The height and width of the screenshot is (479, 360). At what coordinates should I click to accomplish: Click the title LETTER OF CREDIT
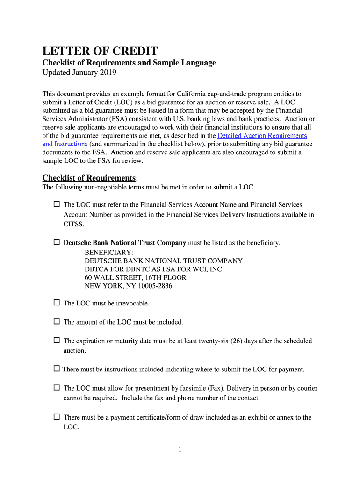pos(100,51)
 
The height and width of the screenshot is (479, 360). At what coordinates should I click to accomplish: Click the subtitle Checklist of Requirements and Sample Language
pos(129,63)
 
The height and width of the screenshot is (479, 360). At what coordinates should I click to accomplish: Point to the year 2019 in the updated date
pos(108,73)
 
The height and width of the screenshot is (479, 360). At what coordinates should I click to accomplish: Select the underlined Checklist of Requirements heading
pos(89,178)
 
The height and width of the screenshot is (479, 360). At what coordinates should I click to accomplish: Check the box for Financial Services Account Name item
pos(57,204)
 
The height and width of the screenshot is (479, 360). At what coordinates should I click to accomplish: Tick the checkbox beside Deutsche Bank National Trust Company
pos(57,242)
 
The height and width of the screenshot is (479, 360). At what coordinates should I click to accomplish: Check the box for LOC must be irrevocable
pos(57,303)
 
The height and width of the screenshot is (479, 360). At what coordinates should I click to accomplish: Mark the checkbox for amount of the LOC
pos(57,321)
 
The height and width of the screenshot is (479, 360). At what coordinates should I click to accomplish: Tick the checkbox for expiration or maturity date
pos(57,341)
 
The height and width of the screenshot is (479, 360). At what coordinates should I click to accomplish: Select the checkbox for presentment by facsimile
pos(57,388)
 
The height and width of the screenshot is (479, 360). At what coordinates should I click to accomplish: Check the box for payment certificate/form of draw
pos(57,416)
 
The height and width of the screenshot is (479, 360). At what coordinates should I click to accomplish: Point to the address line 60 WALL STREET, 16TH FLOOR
pos(135,277)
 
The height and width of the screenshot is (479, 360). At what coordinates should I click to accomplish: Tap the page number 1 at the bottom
pos(180,450)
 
